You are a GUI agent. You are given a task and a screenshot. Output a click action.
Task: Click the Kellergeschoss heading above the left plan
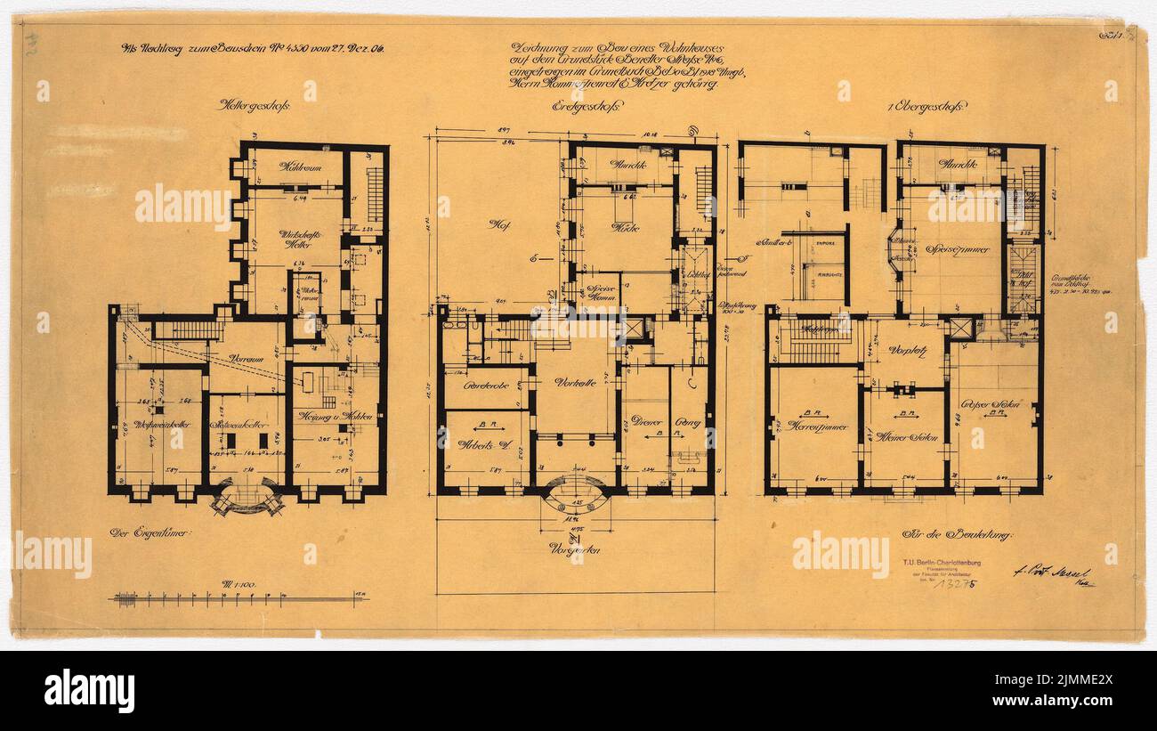[254, 104]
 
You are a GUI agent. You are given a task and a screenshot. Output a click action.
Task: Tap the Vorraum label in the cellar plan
[247, 358]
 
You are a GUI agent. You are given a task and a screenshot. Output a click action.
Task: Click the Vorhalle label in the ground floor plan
[574, 383]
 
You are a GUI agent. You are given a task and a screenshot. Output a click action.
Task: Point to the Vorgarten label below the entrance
[575, 549]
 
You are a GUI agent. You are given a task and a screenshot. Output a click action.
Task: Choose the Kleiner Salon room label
[903, 437]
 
